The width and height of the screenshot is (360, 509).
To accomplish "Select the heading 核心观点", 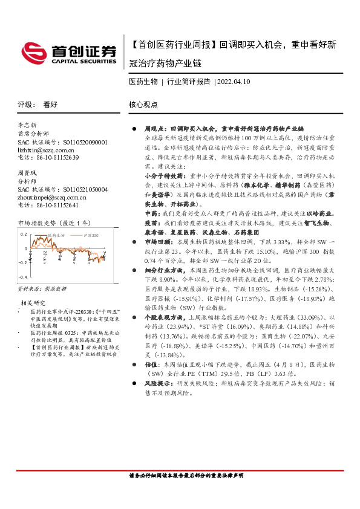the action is click(143, 104).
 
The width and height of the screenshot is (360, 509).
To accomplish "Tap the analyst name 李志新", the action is click(28, 126).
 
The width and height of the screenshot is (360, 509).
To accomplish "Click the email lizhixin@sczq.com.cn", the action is click(47, 149).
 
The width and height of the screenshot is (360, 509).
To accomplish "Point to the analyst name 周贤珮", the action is click(28, 173).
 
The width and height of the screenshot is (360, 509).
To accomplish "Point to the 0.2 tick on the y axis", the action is click(23, 233).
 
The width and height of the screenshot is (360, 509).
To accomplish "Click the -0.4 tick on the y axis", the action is click(22, 276).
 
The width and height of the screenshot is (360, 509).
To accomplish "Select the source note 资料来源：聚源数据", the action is click(39, 290).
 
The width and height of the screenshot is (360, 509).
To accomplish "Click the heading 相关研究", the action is click(34, 302).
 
